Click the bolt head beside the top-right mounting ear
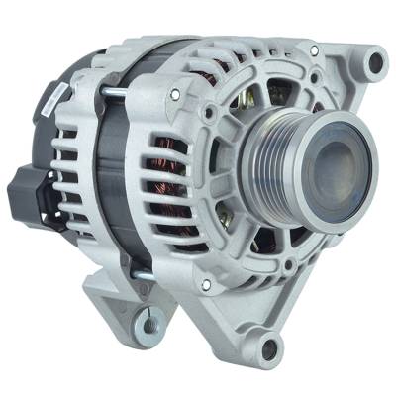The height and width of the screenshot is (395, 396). click(x=313, y=50)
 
